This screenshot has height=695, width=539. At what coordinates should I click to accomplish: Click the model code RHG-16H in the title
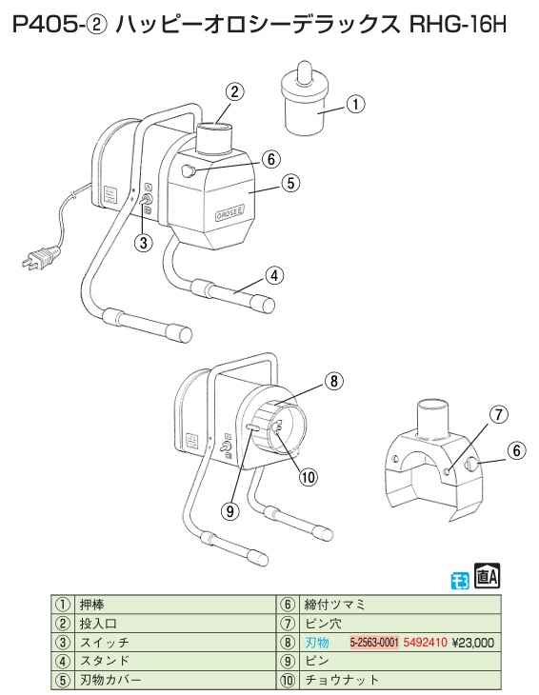(457, 25)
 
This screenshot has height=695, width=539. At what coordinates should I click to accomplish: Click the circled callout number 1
(355, 105)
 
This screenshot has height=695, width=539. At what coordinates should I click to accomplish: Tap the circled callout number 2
(234, 91)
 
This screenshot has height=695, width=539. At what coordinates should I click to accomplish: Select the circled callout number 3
(143, 243)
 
